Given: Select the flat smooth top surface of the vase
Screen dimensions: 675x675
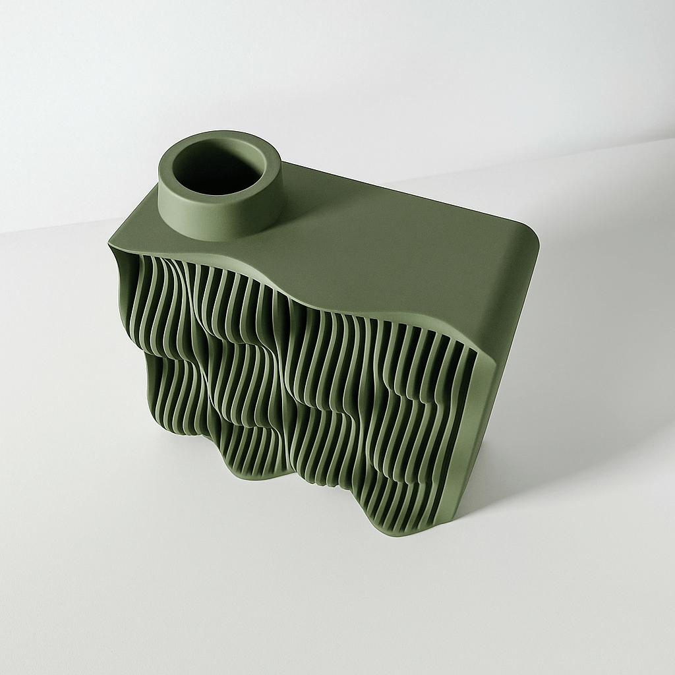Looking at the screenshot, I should point(396,250).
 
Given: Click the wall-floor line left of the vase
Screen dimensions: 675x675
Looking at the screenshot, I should point(53,227).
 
